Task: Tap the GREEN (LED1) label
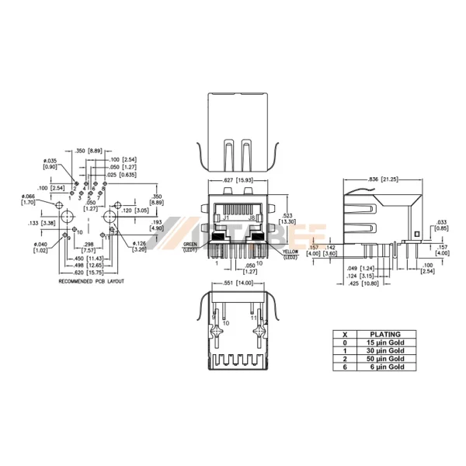tap(191, 246)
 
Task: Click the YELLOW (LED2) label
tap(290, 253)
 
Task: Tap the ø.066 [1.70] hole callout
tap(27, 200)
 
